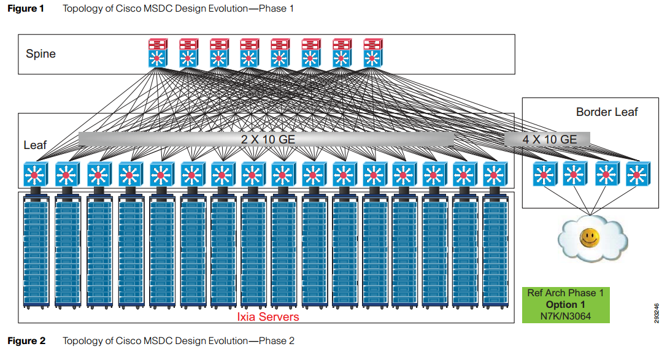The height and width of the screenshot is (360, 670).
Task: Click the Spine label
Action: tap(40, 54)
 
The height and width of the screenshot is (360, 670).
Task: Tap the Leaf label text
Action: tap(35, 145)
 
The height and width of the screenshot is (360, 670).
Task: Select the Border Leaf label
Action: tap(607, 112)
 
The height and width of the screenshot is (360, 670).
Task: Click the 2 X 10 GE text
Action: tap(268, 139)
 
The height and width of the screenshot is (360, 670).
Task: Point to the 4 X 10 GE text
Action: tap(549, 139)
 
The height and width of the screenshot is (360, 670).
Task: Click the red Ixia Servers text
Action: tap(268, 316)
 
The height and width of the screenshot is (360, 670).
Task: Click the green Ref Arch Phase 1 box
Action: tap(565, 304)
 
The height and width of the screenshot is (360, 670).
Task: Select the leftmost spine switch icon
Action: tap(158, 53)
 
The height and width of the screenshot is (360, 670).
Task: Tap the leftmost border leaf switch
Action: tap(542, 175)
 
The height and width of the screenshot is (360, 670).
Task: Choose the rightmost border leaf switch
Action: tap(636, 175)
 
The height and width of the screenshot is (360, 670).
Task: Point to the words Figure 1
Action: tap(26, 9)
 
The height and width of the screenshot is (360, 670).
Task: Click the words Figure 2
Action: tap(26, 341)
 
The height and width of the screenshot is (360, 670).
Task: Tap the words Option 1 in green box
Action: tap(565, 304)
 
